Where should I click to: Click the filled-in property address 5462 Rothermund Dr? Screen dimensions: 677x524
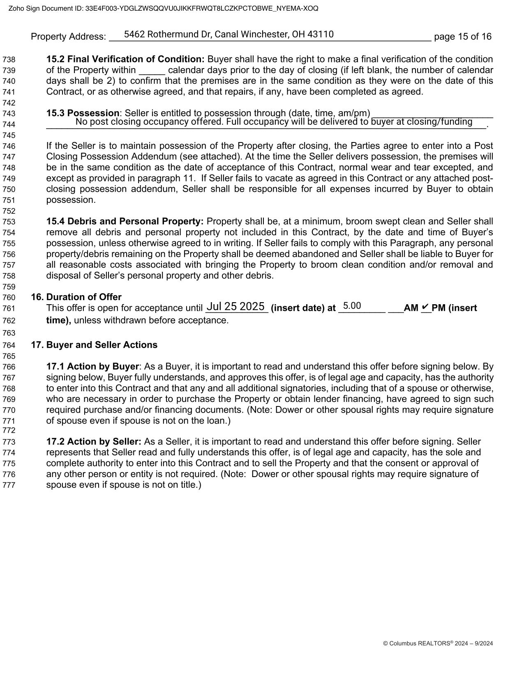[x=229, y=34]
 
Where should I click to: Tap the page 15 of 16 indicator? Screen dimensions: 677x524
[x=462, y=37]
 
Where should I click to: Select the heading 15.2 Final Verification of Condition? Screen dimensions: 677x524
[x=125, y=59]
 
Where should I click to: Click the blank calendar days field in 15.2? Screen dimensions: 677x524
[x=152, y=70]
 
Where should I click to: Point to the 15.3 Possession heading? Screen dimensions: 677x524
[x=83, y=113]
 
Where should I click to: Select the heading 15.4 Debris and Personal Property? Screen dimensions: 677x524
[x=125, y=221]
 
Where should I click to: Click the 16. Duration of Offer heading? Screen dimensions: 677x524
[x=76, y=297]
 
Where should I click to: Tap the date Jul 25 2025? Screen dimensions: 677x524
[x=235, y=307]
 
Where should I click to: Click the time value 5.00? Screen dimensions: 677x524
[x=352, y=306]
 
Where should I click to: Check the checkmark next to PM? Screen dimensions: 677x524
[x=426, y=307]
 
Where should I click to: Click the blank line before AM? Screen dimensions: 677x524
[x=395, y=308]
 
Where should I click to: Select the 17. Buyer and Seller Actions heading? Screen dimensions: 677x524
[x=94, y=345]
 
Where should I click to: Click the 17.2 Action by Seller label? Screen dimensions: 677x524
[x=94, y=442]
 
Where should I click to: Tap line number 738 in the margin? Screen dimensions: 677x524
[x=9, y=60]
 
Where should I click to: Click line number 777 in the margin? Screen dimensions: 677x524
[x=9, y=485]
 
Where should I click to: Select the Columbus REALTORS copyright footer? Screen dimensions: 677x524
[x=438, y=643]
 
